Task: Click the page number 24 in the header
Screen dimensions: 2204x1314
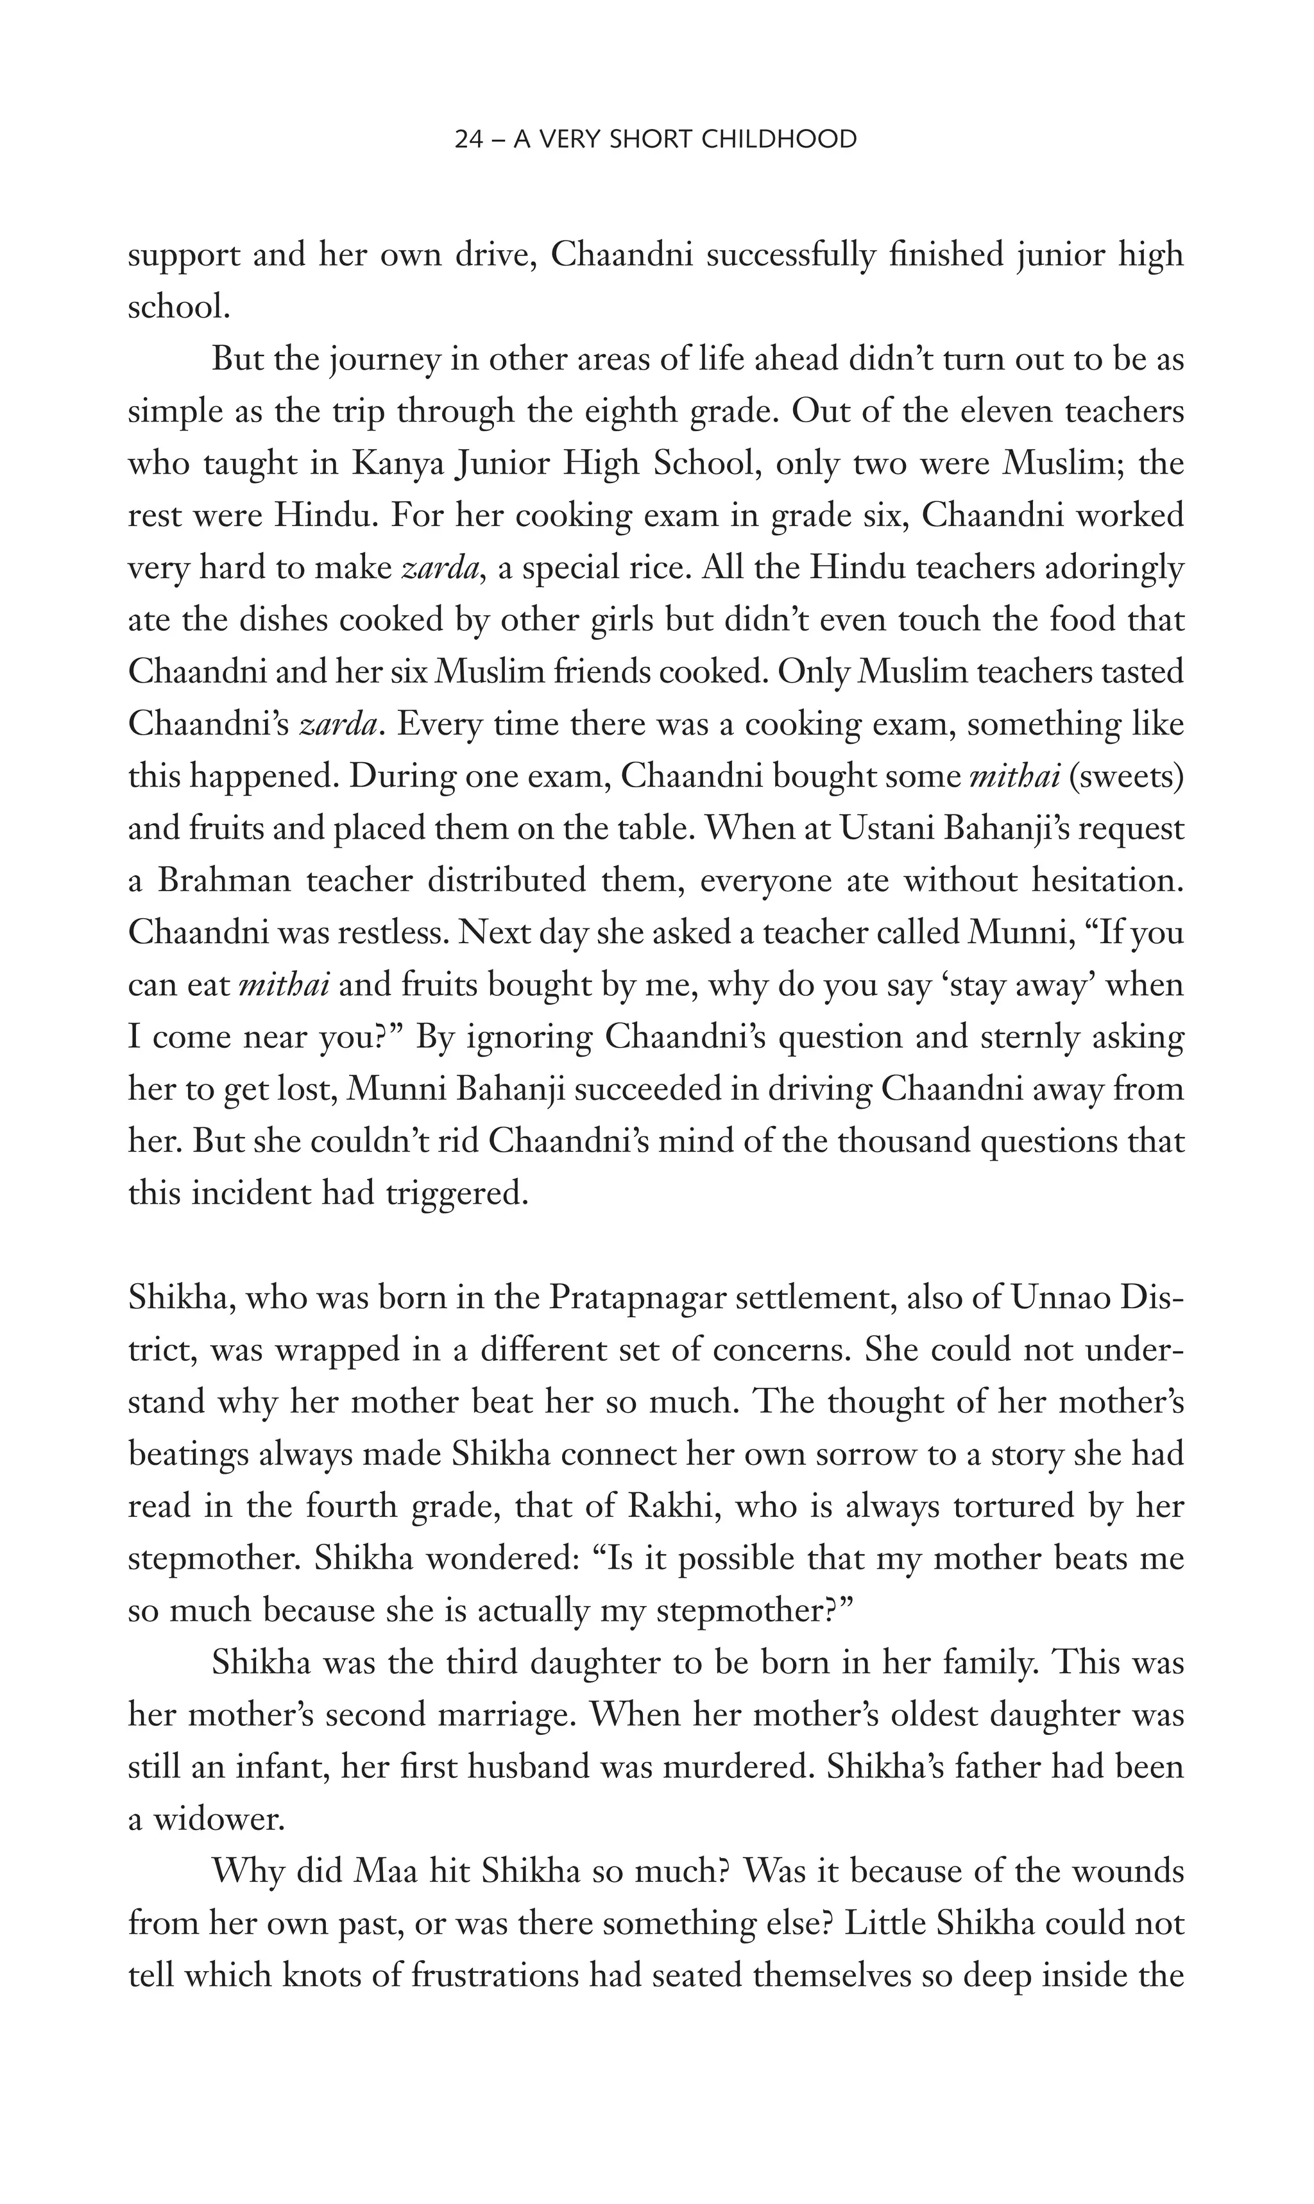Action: [x=466, y=139]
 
